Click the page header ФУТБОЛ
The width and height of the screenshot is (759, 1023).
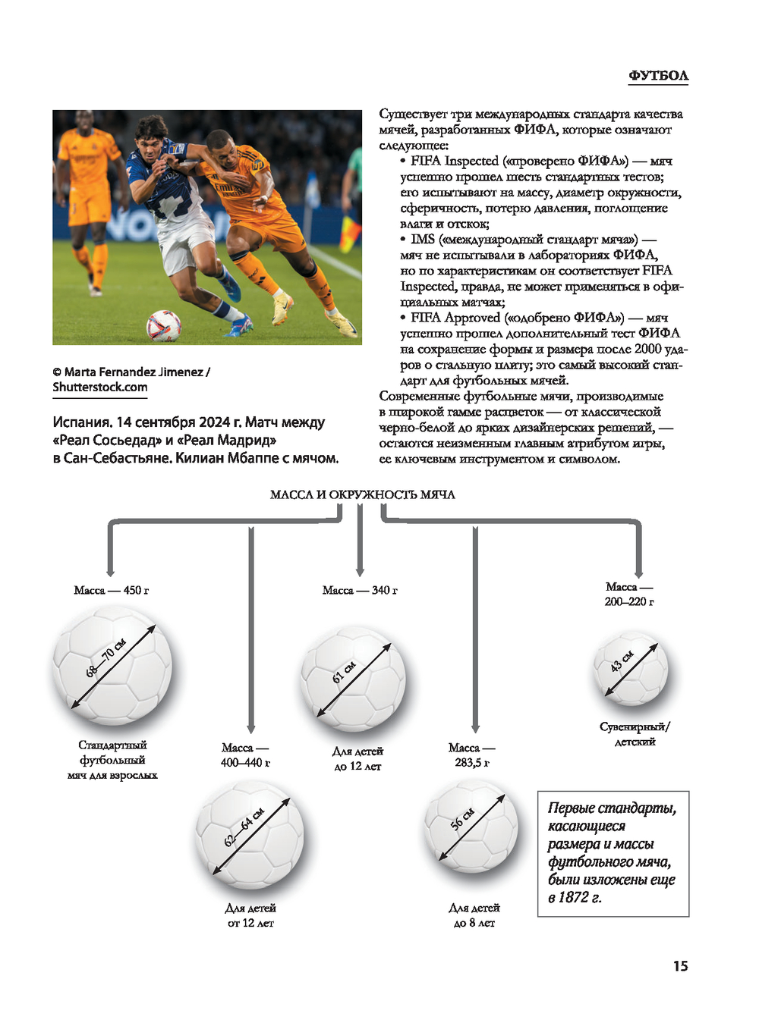[658, 75]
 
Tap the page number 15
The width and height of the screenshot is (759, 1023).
[680, 965]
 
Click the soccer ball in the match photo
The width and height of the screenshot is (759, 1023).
[163, 326]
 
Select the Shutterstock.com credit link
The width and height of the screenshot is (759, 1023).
[100, 387]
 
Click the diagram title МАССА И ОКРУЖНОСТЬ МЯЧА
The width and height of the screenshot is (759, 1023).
[362, 494]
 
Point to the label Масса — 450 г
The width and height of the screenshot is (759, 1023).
[111, 590]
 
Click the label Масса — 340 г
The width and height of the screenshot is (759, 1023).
[360, 590]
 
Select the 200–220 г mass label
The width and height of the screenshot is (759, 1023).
[628, 601]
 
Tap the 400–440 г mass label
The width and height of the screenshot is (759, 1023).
[245, 762]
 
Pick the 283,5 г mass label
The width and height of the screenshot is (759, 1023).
[472, 762]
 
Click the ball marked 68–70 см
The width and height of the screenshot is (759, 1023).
[112, 667]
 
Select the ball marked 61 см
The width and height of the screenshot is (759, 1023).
[353, 678]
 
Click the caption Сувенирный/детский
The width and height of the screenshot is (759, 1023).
[635, 734]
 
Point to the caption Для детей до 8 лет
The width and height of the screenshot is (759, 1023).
[474, 915]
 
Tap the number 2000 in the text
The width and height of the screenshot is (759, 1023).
[648, 349]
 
